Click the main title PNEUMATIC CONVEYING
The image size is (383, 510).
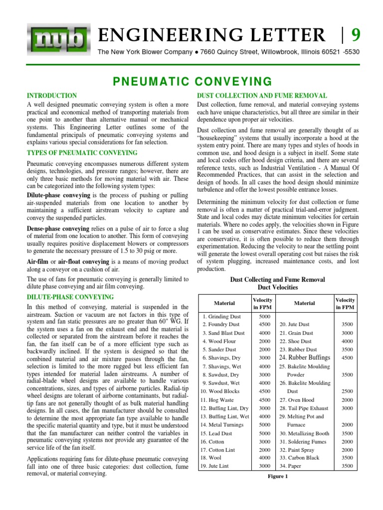pos(191,81)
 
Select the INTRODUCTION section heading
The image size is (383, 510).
pos(51,95)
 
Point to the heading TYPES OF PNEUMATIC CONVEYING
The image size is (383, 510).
pos(75,152)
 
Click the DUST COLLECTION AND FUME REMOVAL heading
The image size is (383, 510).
pos(262,95)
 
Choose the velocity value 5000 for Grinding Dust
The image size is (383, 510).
pos(265,316)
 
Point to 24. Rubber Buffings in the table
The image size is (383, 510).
pos(305,358)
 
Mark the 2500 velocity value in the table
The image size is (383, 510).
pos(347,391)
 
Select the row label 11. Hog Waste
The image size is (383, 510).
pos(219,399)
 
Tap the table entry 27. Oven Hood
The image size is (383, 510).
pos(300,399)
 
